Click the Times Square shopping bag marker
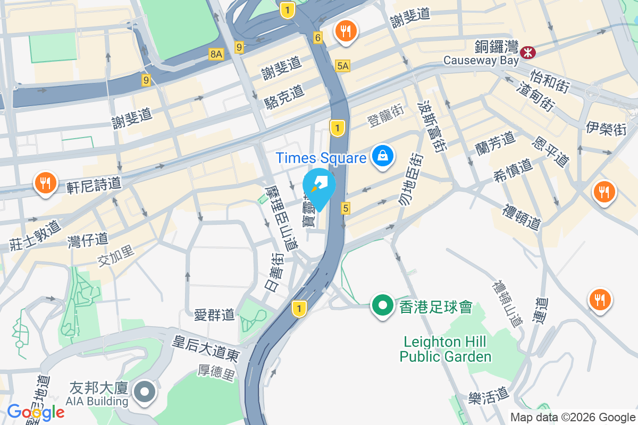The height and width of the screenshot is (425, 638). (382, 157)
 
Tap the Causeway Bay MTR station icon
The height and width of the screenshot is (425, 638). (528, 52)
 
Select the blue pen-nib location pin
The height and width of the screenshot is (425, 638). (319, 186)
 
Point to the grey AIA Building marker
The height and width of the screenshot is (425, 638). (144, 392)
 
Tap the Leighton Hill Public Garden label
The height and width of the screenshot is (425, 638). (446, 348)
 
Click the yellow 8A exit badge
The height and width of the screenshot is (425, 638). (215, 54)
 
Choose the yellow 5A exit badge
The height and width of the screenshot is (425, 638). (343, 66)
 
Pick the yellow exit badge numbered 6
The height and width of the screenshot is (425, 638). (318, 38)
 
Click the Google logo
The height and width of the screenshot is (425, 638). (36, 412)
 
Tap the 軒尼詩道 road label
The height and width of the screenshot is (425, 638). (94, 184)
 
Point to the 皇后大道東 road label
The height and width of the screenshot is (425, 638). (205, 348)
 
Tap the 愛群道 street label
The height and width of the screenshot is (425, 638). (214, 314)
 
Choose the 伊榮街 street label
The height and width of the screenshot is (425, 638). (606, 129)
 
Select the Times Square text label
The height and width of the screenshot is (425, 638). (321, 158)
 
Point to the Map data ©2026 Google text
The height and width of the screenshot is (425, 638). (573, 418)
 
